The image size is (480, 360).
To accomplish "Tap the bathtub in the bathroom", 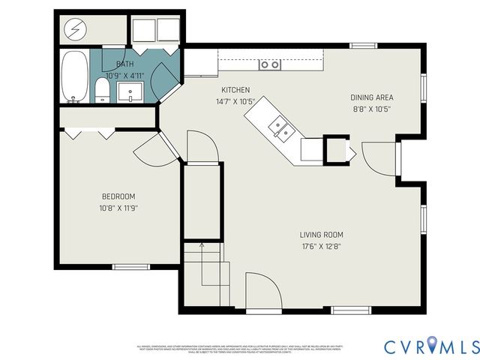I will (x=73, y=76).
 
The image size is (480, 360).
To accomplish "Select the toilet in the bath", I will (x=103, y=91).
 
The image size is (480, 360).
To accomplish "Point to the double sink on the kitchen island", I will (x=280, y=128).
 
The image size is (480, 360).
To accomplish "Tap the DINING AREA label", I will (x=371, y=97).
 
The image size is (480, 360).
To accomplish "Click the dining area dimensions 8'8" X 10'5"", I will (x=371, y=108).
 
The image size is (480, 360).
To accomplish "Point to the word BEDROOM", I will (x=118, y=197).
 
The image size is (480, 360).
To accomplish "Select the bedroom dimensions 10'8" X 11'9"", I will (x=118, y=208).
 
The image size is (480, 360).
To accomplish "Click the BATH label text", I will (x=124, y=64).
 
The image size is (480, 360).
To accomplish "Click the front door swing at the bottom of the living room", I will (x=262, y=292).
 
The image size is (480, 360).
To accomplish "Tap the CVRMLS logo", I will (x=431, y=346).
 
